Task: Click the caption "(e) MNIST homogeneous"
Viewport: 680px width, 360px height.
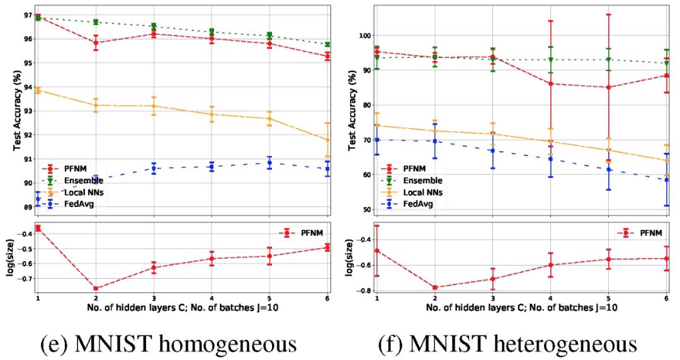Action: [x=168, y=344]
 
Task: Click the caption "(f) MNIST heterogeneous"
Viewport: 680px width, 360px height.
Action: [x=507, y=344]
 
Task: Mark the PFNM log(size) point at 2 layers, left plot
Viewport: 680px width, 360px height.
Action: [x=96, y=289]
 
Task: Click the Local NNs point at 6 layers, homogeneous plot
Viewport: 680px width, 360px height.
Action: [x=327, y=140]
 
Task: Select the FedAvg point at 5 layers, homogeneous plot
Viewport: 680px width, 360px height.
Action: [x=269, y=163]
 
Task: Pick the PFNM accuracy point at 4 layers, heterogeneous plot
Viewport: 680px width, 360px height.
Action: [x=551, y=83]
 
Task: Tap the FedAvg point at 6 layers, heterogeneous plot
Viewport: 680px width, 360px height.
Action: [x=666, y=180]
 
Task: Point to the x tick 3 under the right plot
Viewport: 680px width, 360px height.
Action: [x=493, y=298]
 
